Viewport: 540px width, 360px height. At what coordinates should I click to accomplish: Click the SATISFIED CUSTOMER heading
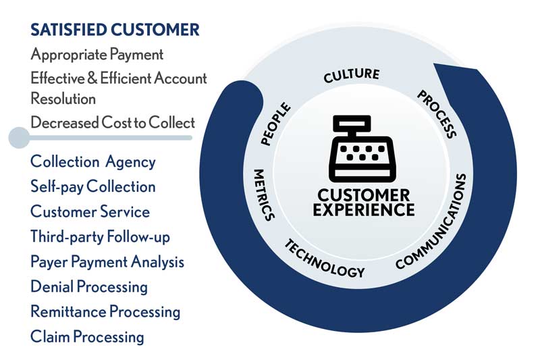[115, 29]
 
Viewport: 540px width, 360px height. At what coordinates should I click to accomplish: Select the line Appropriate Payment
[97, 54]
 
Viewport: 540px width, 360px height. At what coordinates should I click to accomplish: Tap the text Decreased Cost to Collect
[112, 122]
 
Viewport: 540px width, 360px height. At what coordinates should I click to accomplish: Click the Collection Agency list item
[92, 162]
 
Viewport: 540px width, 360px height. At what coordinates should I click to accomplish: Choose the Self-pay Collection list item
[92, 186]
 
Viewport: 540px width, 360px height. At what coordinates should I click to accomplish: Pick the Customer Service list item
[90, 211]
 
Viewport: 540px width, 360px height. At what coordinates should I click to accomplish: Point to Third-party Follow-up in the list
[100, 236]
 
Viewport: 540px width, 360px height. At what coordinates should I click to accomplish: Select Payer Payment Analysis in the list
[107, 261]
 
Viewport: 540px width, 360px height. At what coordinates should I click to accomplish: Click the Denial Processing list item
[88, 286]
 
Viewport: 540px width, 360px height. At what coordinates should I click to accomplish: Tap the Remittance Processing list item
[105, 311]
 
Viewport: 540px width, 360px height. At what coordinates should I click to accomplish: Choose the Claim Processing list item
[87, 336]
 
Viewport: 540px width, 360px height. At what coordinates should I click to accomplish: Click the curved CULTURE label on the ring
[351, 75]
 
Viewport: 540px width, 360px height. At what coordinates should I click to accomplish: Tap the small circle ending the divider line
[18, 138]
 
